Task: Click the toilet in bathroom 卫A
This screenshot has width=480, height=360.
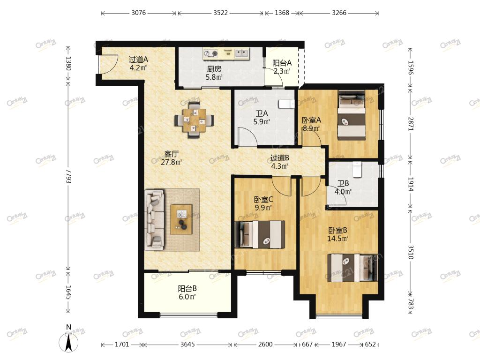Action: (x=286, y=104)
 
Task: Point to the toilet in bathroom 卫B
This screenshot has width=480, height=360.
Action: (x=357, y=169)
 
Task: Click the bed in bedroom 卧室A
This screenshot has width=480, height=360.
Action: (x=352, y=115)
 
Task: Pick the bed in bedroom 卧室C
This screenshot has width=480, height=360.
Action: (x=260, y=234)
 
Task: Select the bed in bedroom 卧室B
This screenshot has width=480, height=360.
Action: (x=352, y=267)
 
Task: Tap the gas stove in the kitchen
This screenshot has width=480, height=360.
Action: (x=211, y=53)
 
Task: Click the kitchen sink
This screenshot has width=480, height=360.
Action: (x=242, y=53)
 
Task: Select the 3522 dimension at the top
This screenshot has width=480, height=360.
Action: (x=220, y=13)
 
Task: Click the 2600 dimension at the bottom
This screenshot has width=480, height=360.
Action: (x=265, y=345)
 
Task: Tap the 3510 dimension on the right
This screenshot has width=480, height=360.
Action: (x=411, y=252)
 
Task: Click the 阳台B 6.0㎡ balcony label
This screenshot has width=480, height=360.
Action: (x=187, y=292)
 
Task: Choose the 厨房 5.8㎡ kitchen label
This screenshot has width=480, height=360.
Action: (x=214, y=73)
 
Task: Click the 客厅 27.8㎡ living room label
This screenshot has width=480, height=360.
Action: (x=172, y=158)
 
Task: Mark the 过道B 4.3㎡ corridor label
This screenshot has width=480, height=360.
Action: (x=279, y=162)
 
